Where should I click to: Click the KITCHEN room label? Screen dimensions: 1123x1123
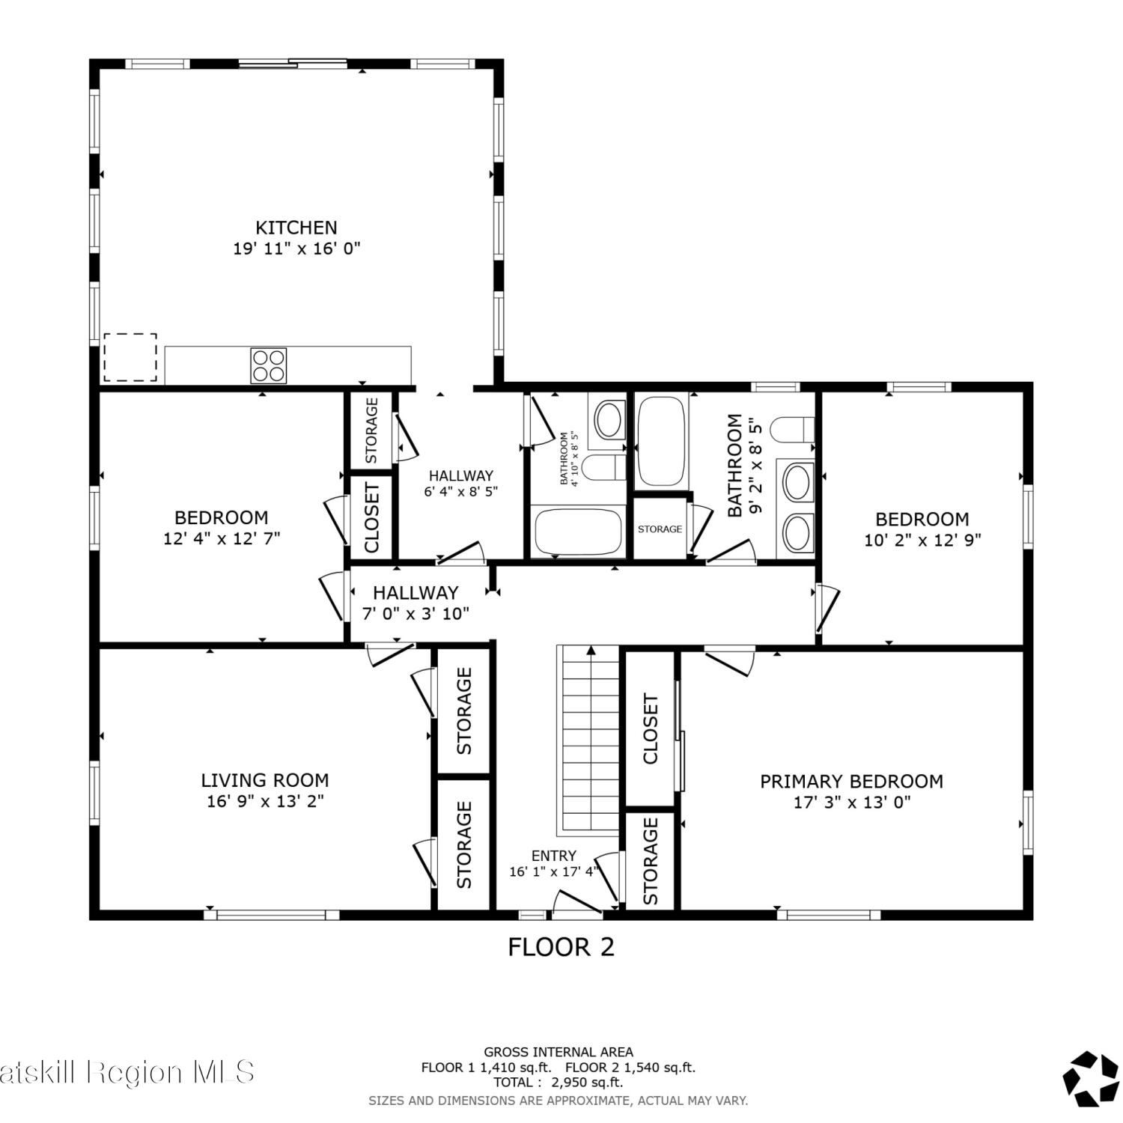[296, 228]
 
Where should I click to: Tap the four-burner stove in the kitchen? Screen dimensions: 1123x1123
[269, 366]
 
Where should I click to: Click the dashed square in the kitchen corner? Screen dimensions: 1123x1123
[130, 358]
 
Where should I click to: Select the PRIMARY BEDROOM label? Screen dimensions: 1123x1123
[851, 782]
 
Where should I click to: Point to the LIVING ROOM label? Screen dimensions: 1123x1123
[265, 780]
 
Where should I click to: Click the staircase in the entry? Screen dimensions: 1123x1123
[589, 740]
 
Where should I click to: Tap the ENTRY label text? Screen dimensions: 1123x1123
[554, 856]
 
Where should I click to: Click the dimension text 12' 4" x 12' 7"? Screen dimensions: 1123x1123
[222, 538]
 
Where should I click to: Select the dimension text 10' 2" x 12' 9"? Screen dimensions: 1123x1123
[922, 540]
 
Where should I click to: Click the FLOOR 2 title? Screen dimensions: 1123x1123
[561, 947]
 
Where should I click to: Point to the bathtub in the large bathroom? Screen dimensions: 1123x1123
[660, 442]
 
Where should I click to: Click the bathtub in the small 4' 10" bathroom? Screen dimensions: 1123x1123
[579, 531]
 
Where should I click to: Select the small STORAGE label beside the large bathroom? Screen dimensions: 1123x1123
[660, 529]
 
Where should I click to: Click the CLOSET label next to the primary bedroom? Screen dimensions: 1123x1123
[650, 729]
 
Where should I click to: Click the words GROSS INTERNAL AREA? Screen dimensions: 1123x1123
[559, 1052]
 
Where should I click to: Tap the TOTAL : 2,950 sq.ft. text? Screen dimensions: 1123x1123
[559, 1082]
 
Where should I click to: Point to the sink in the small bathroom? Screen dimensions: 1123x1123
[608, 419]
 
